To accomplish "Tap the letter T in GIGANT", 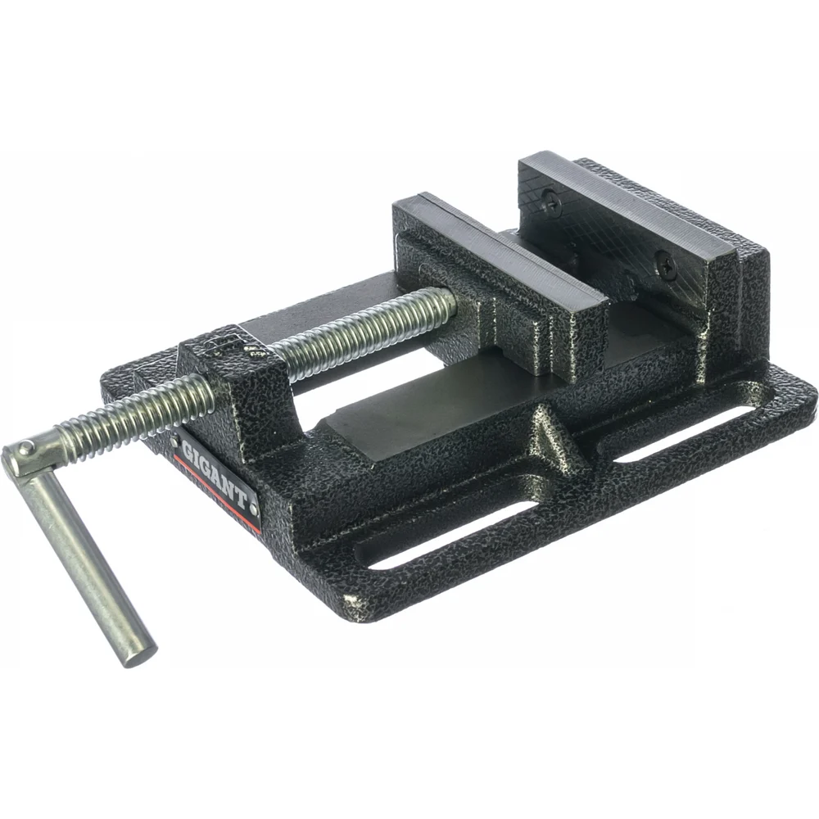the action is (x=239, y=498).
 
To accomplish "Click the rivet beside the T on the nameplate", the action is (x=253, y=507).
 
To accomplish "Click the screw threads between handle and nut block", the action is (x=135, y=414).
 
